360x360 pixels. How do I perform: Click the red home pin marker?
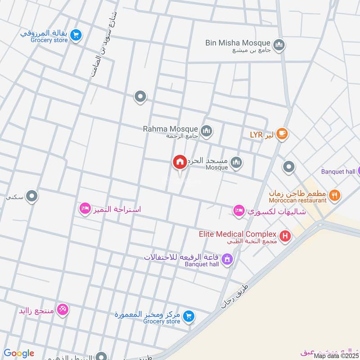[x=180, y=162]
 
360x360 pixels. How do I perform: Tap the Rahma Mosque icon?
[x=207, y=131]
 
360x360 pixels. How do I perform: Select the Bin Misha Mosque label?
[x=238, y=44]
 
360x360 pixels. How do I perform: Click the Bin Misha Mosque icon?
[x=279, y=45]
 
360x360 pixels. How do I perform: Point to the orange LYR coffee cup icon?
[x=282, y=133]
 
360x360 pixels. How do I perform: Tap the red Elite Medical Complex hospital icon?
[x=285, y=235]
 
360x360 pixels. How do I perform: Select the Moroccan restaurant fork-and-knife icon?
[x=334, y=195]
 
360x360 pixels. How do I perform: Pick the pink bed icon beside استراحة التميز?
[x=84, y=208]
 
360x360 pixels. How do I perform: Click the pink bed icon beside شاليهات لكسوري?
[x=238, y=210]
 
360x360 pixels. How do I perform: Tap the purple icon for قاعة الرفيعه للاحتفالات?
[x=228, y=259]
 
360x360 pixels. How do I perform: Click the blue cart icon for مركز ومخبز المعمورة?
[x=189, y=316]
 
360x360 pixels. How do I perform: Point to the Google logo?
[x=18, y=353]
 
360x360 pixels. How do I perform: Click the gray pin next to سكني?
[x=31, y=196]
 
